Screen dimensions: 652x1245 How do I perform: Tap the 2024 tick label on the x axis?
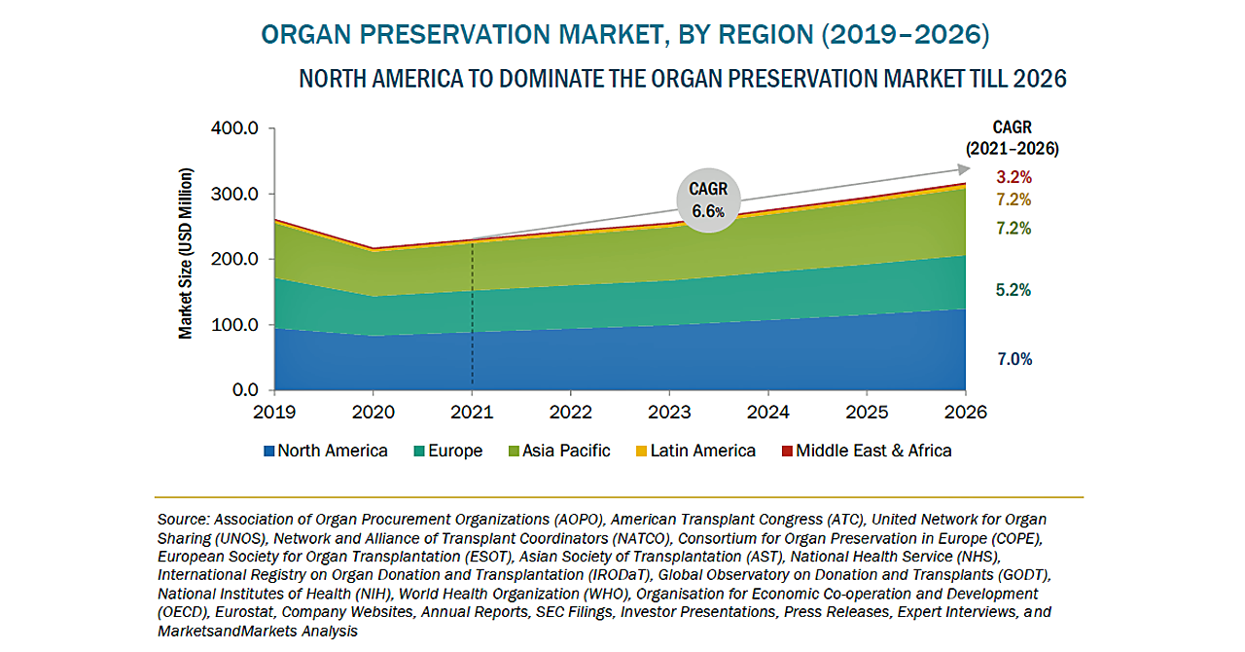[x=769, y=412]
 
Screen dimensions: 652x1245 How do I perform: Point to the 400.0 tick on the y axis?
[x=233, y=128]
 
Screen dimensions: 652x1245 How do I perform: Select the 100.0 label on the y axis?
[x=233, y=325]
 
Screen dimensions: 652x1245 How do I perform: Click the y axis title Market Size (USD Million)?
[x=185, y=254]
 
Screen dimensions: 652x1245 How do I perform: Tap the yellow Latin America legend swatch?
[x=641, y=452]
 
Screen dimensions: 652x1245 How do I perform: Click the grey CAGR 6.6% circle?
[x=710, y=200]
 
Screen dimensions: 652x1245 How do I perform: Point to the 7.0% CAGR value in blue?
[x=1014, y=359]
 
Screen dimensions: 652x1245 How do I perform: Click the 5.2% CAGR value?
[x=1014, y=290]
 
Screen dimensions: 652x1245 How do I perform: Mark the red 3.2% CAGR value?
[x=1014, y=177]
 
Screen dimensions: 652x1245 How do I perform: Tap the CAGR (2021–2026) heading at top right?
[x=1013, y=138]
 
